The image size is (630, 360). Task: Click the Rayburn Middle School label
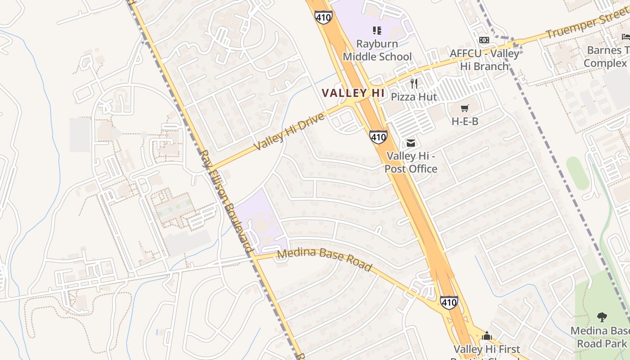(377, 50)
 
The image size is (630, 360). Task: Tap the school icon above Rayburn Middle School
(377, 31)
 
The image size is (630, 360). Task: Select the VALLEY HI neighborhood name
(353, 93)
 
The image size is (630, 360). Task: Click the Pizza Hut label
(414, 96)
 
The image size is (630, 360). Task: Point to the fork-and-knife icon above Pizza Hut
(414, 83)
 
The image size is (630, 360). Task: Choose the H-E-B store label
(465, 121)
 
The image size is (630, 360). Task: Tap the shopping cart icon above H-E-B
(465, 108)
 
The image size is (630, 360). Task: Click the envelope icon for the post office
(411, 143)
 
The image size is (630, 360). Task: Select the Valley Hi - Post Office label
(411, 162)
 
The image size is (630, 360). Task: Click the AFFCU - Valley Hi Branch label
(484, 59)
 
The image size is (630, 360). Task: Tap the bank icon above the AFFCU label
(484, 40)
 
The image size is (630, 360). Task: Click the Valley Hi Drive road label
(289, 132)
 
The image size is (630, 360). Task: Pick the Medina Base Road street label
(324, 260)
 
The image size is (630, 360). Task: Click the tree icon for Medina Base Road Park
(602, 317)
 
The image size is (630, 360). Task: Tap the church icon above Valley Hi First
(486, 336)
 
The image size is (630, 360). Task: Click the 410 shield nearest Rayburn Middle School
(324, 17)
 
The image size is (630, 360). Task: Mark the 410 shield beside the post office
(378, 137)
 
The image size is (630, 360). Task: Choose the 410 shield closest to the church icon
(449, 302)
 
